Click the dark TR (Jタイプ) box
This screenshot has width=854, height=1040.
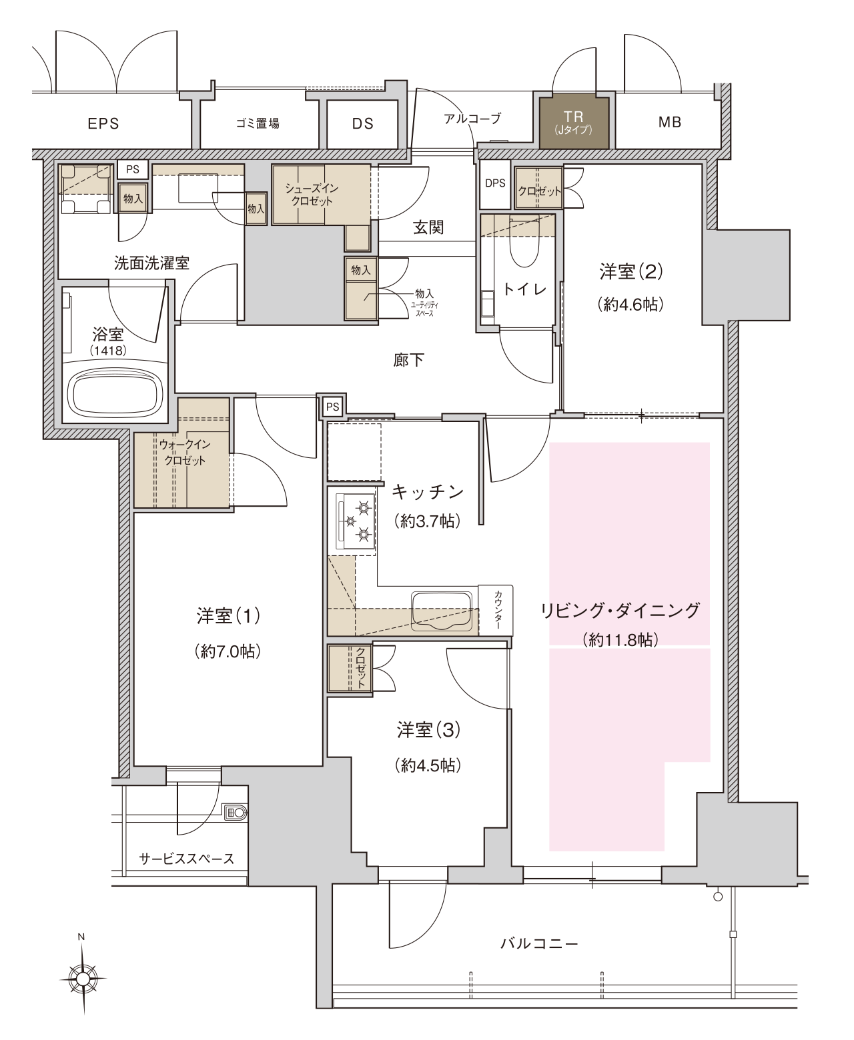[x=573, y=121]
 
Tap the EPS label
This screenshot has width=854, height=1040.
[x=103, y=123]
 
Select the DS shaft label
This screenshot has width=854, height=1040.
[x=363, y=123]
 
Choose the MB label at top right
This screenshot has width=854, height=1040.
[x=669, y=122]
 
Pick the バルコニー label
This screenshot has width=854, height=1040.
[x=539, y=943]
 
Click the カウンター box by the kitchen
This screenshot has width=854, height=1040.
[x=496, y=611]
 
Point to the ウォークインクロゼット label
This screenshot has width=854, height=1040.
[x=185, y=452]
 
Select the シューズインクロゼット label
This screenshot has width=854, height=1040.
[x=312, y=194]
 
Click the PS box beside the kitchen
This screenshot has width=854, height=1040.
[x=332, y=407]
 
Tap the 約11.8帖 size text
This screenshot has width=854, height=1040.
[x=620, y=640]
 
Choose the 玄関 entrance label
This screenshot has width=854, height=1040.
[x=428, y=227]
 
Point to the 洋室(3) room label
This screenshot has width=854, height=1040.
[x=428, y=729]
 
